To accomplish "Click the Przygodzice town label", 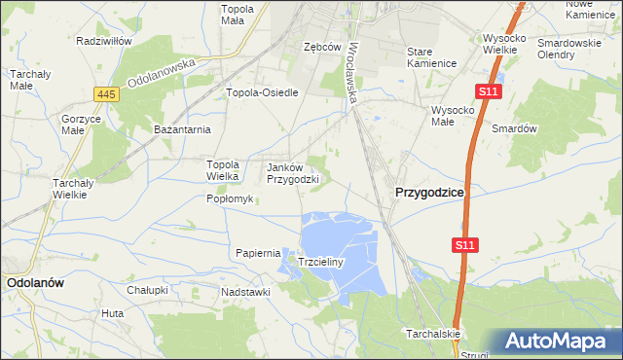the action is click(x=428, y=193).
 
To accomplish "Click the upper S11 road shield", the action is click(x=489, y=91).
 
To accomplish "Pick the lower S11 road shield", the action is click(x=464, y=247).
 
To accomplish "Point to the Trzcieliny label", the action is click(x=317, y=263).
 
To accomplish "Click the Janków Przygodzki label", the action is click(x=293, y=173).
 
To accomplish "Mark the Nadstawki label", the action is click(x=245, y=291).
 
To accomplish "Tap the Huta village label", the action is click(x=112, y=313).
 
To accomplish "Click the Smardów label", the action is click(x=515, y=128).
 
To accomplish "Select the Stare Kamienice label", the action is click(x=432, y=56).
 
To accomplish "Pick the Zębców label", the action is click(x=321, y=47).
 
